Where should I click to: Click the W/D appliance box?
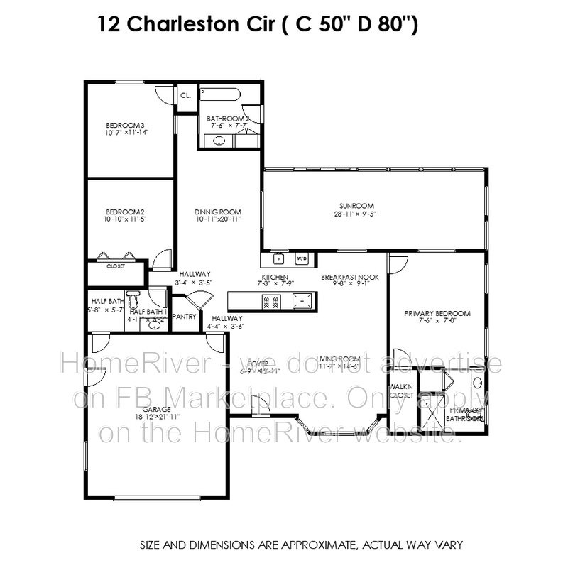point(301,258)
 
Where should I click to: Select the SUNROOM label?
point(349,205)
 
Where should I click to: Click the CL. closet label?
point(186,94)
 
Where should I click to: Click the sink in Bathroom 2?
point(220,141)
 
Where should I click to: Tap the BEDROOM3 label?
point(125,125)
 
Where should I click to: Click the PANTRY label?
point(184,317)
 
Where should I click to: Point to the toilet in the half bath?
point(136,297)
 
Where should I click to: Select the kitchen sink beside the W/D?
point(279,258)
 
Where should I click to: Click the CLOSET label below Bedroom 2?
point(116,267)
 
